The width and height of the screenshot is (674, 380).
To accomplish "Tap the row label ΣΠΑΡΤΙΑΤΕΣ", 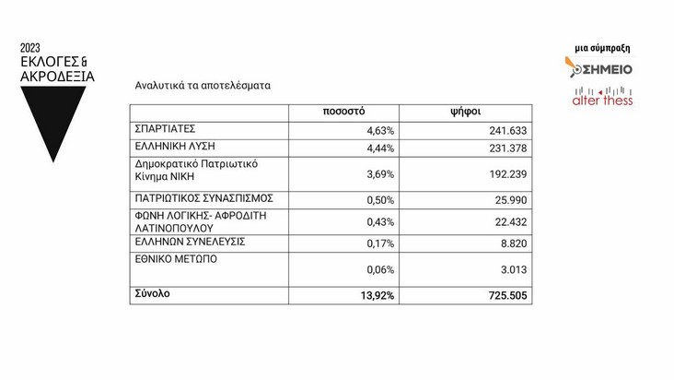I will pos(165,129).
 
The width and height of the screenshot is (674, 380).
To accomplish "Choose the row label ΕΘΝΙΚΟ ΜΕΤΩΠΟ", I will pos(177,259).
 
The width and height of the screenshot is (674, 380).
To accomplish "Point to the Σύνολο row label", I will pos(154,294).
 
